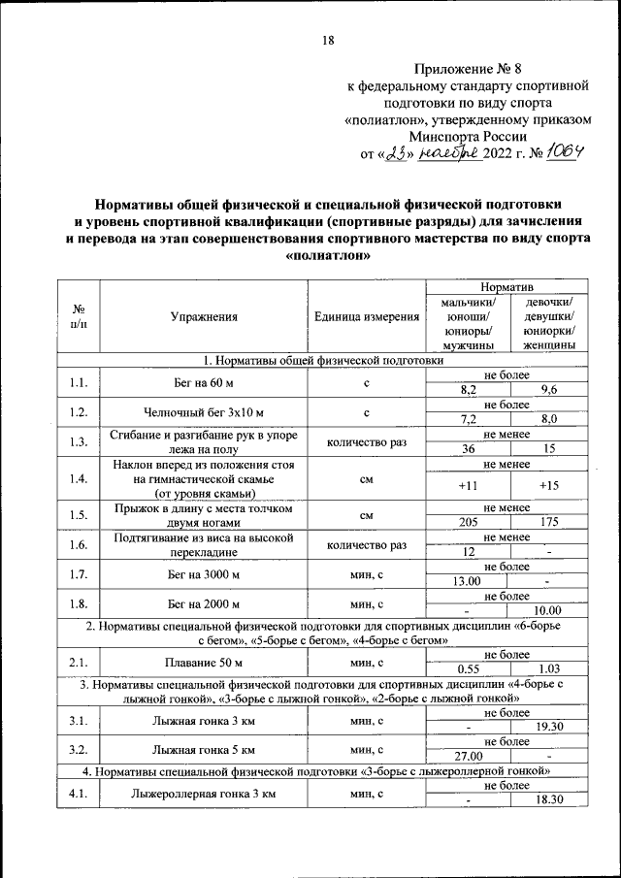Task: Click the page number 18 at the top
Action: pyautogui.click(x=327, y=40)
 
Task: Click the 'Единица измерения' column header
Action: pyautogui.click(x=367, y=316)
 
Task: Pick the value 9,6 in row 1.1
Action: pyautogui.click(x=548, y=389)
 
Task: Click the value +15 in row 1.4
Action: pyautogui.click(x=548, y=485)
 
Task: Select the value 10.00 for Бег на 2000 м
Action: pyautogui.click(x=548, y=610)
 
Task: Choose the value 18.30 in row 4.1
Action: pyautogui.click(x=548, y=799)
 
